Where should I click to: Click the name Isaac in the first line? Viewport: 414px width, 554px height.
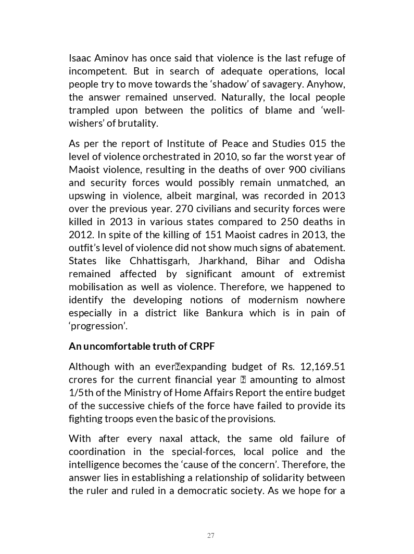(x=80, y=58)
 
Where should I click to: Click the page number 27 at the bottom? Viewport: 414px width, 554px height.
(x=210, y=535)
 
